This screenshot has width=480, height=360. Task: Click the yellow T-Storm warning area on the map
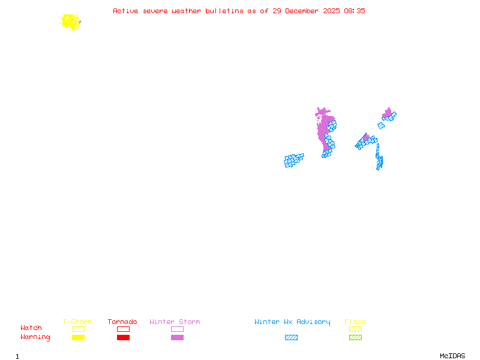click(x=71, y=22)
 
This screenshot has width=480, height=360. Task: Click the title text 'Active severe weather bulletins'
click(x=178, y=11)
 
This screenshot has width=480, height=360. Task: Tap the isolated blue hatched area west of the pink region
click(x=293, y=160)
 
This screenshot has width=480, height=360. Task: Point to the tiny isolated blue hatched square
click(x=381, y=126)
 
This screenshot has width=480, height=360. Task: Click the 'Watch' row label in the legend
click(x=31, y=328)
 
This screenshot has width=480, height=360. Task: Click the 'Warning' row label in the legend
click(x=35, y=337)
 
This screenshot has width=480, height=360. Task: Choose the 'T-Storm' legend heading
click(x=77, y=322)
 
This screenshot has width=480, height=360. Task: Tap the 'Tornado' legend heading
click(x=122, y=322)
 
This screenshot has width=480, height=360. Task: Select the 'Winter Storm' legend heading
click(x=175, y=322)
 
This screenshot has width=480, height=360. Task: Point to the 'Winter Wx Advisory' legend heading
click(x=292, y=322)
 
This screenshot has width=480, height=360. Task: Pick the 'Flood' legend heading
click(x=355, y=322)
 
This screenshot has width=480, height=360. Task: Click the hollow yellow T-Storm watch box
click(x=78, y=329)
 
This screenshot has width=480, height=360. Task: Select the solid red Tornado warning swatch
click(x=123, y=337)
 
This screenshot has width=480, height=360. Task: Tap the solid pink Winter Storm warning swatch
click(x=177, y=337)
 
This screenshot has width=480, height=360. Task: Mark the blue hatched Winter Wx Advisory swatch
click(x=291, y=337)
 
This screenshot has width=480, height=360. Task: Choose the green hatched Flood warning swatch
click(x=355, y=337)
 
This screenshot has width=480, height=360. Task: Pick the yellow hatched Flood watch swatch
click(x=355, y=329)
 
